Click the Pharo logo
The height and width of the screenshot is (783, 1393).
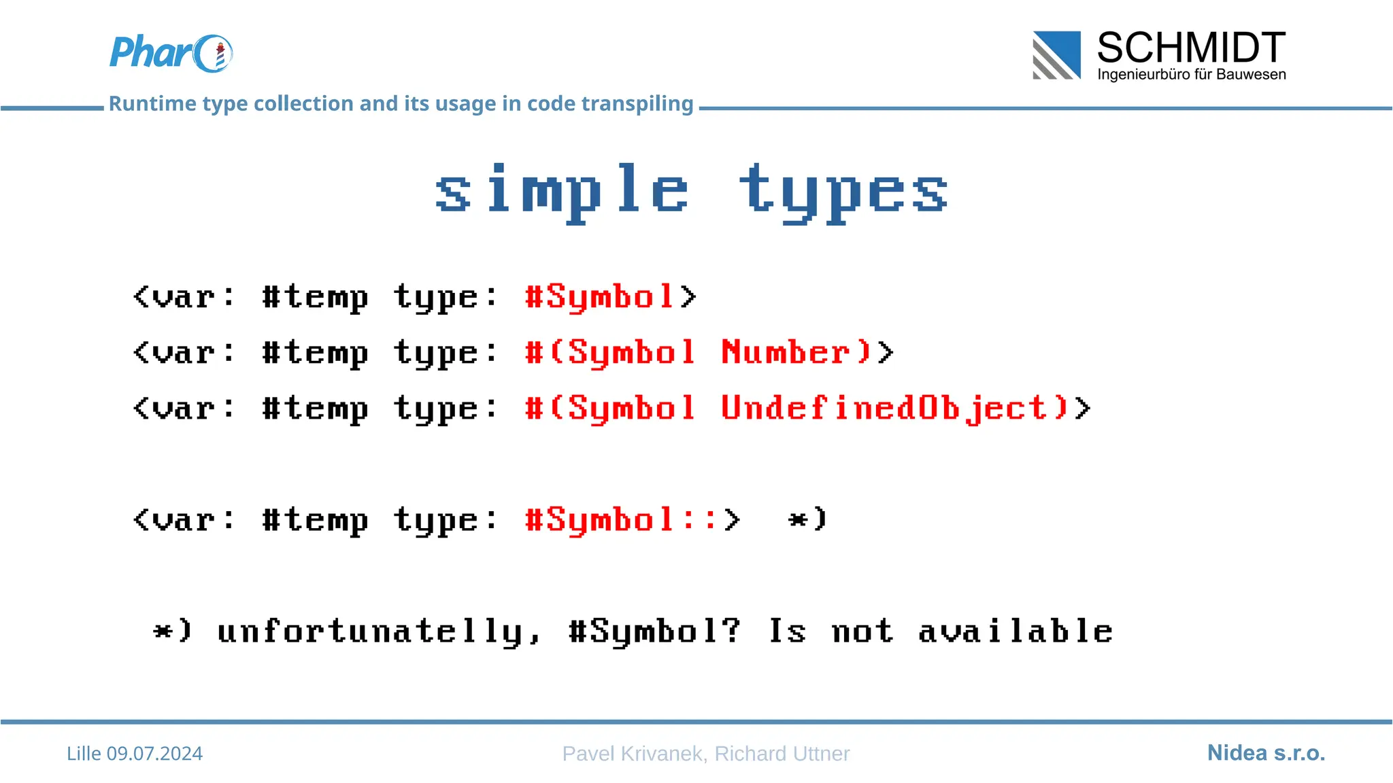pyautogui.click(x=171, y=53)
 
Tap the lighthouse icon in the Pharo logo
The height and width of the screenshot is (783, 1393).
pyautogui.click(x=220, y=55)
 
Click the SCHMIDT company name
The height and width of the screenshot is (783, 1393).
pyautogui.click(x=1191, y=48)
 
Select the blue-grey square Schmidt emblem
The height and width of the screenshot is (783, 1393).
pyautogui.click(x=1056, y=55)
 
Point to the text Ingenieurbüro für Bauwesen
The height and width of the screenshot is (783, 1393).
pyautogui.click(x=1191, y=74)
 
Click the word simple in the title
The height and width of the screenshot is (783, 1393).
pyautogui.click(x=562, y=192)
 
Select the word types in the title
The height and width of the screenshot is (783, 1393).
pyautogui.click(x=843, y=192)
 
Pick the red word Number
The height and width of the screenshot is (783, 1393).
pyautogui.click(x=786, y=352)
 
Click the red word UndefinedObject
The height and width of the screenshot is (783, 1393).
pyautogui.click(x=884, y=408)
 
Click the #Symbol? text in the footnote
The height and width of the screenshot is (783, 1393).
pyautogui.click(x=654, y=631)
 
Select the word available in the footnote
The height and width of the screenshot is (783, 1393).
pyautogui.click(x=1015, y=631)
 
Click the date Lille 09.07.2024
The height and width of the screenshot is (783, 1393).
pyautogui.click(x=135, y=753)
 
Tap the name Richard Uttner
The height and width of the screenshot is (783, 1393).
pyautogui.click(x=782, y=753)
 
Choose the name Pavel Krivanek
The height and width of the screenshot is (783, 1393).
pyautogui.click(x=632, y=753)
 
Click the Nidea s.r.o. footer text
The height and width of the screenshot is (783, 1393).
pyautogui.click(x=1266, y=753)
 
